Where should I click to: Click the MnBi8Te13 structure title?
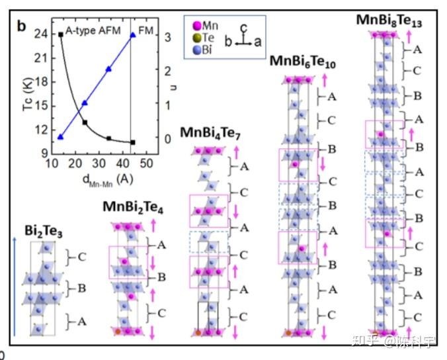[389, 21]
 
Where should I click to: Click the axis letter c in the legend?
[244, 28]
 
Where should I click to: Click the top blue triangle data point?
[133, 35]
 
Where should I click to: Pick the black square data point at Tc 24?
[61, 34]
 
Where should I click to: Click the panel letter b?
[21, 26]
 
